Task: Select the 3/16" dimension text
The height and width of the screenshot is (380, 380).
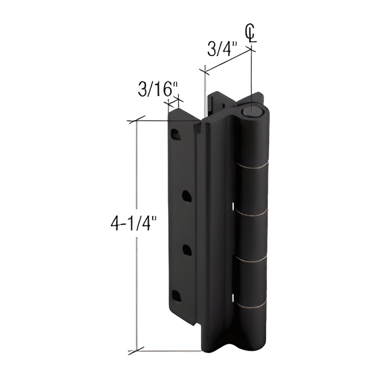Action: [158, 90]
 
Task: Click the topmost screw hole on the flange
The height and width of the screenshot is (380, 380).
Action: [175, 134]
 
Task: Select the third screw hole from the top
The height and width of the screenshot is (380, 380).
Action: [186, 249]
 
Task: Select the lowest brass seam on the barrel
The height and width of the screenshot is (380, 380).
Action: [252, 307]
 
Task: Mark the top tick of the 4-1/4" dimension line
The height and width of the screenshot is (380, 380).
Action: [136, 121]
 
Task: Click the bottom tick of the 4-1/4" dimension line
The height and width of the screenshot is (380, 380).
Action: [136, 351]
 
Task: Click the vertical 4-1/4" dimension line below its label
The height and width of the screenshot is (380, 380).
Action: [136, 289]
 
